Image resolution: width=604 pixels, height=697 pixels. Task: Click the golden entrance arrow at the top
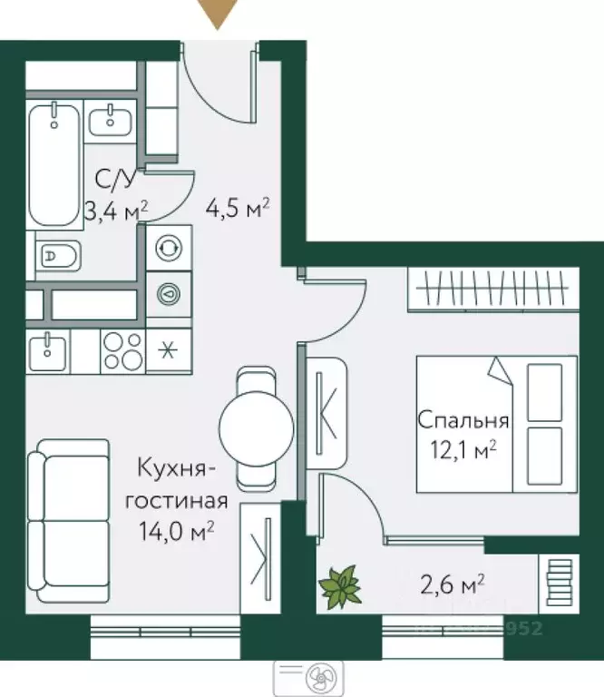(x=218, y=14)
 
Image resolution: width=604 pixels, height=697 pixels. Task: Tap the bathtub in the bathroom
(x=53, y=163)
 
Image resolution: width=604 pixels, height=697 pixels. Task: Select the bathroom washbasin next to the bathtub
(x=112, y=118)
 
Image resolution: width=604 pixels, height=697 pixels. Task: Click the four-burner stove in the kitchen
(x=122, y=351)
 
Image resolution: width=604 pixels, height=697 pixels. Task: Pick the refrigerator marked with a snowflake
(x=167, y=351)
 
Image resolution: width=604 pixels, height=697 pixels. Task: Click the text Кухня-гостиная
(x=177, y=485)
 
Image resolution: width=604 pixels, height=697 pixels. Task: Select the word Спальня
(x=463, y=421)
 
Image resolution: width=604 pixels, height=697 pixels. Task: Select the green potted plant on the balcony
(x=342, y=585)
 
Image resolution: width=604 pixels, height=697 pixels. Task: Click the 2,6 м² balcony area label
(x=452, y=582)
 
